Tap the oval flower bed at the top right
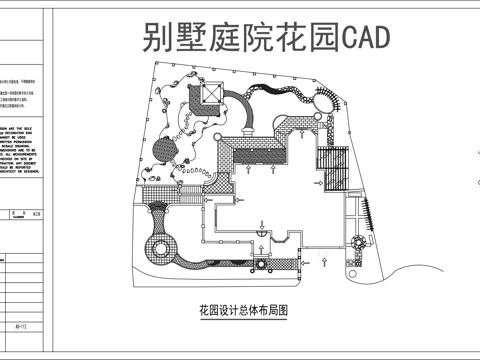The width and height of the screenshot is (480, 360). pyautogui.click(x=327, y=99)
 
